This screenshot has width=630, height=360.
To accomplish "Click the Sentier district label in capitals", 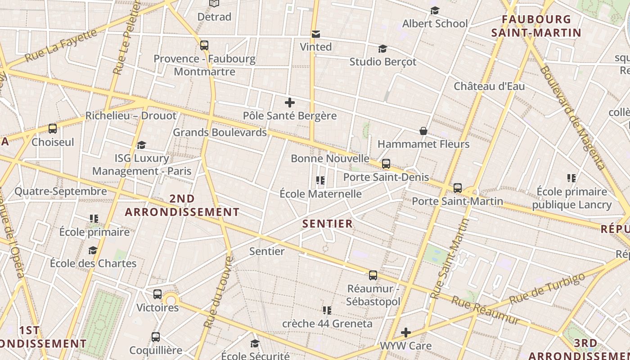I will click(x=328, y=224).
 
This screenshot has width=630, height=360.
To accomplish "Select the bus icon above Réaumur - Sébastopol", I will click(x=373, y=275).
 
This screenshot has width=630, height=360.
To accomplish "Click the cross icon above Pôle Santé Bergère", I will click(x=290, y=103).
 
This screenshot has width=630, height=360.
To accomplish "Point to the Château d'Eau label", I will click(x=489, y=86).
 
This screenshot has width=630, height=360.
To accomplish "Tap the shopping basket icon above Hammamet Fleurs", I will click(x=423, y=131).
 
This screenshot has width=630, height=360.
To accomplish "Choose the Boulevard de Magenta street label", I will click(x=572, y=118).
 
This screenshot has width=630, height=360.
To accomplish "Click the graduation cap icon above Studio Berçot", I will click(x=382, y=49).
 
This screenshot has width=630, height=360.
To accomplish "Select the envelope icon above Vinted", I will click(x=316, y=34).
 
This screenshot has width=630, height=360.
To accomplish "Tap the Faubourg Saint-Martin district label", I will click(x=536, y=26).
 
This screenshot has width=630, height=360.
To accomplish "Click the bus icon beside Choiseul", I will click(x=53, y=129).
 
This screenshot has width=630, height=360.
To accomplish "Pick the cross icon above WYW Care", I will click(x=406, y=333).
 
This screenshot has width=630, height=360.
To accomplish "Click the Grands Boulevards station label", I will click(x=220, y=132).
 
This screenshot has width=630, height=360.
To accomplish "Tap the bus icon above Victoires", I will click(x=157, y=294).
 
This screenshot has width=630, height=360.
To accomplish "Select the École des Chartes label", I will click(x=93, y=263).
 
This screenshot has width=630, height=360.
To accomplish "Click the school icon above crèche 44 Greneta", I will click(x=327, y=310).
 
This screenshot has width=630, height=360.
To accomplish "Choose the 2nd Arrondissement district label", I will click(x=182, y=205).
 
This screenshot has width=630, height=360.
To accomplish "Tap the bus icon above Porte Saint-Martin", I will click(x=458, y=188).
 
